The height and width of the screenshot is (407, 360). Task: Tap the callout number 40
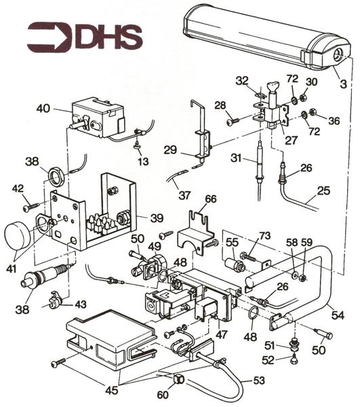point(43,109)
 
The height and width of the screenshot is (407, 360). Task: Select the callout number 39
point(157,218)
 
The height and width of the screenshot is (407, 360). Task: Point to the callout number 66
point(210,199)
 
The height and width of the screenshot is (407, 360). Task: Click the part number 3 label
point(343,84)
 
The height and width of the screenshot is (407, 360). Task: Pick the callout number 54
point(338,315)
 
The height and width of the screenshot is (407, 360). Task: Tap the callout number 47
point(221,335)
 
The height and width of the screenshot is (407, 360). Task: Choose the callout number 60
point(163,395)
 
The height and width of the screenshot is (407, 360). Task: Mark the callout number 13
point(142,161)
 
